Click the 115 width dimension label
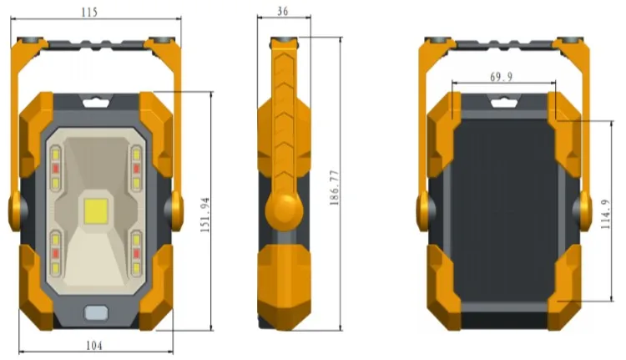click(x=89, y=13)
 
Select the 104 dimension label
click(x=94, y=345)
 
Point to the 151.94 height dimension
click(x=204, y=215)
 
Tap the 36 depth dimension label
click(x=283, y=11)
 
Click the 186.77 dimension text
click(x=335, y=188)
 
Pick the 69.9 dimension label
click(x=502, y=77)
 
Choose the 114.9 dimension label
click(x=606, y=214)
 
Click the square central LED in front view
click(x=96, y=211)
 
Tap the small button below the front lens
click(x=96, y=313)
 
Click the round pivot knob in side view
click(x=284, y=211)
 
